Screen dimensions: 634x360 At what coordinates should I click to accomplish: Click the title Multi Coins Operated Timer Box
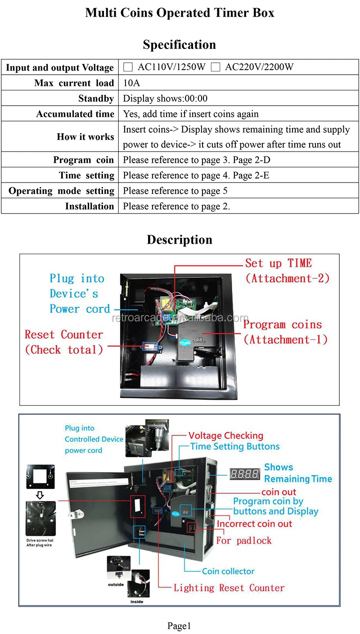180,13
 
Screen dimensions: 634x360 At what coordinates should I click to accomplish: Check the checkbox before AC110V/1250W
128,67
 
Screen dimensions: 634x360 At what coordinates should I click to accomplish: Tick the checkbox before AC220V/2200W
216,67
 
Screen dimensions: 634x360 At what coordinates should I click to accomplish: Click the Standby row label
96,98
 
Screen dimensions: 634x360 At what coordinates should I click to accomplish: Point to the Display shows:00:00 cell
165,98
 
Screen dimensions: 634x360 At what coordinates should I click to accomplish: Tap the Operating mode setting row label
62,191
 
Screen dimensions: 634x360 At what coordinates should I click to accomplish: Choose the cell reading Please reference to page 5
175,191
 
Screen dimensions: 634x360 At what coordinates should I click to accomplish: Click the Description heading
180,240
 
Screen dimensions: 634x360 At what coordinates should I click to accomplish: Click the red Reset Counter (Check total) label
64,342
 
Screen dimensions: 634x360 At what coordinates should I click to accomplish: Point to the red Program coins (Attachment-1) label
285,332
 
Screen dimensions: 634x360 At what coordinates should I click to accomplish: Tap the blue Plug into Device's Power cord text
80,294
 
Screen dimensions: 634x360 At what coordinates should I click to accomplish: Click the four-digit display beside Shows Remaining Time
244,473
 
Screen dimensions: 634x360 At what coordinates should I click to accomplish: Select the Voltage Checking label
225,435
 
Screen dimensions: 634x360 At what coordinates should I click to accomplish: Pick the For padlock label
244,540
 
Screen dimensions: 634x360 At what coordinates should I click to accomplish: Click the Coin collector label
228,571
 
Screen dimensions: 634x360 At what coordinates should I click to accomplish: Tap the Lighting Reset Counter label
229,588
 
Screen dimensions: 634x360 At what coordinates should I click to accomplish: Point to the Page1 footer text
180,625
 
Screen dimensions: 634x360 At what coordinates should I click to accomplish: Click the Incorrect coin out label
254,524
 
